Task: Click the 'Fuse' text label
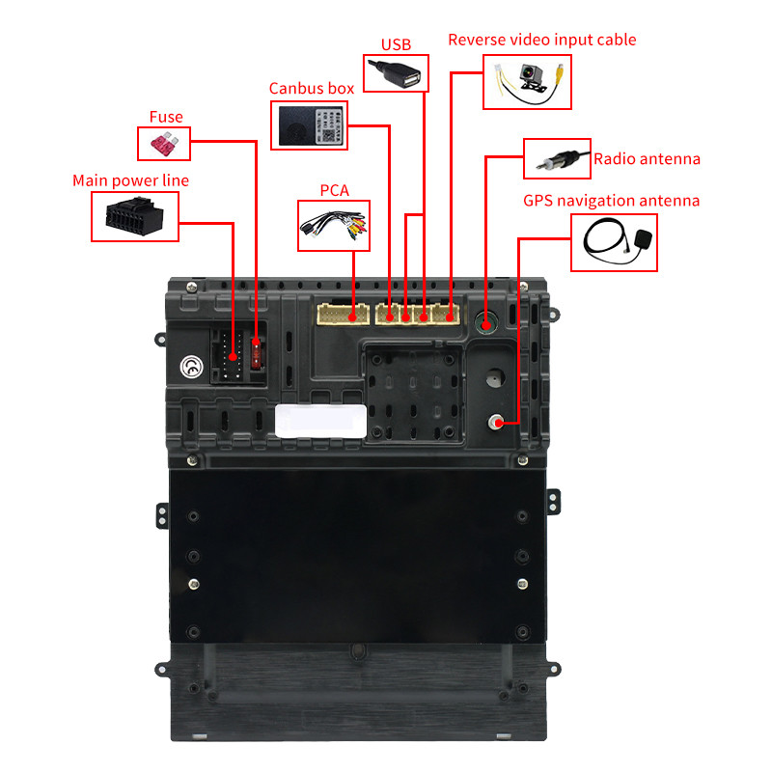pos(166,117)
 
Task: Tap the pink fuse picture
pos(164,144)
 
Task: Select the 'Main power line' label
pos(130,180)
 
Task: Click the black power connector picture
pos(134,216)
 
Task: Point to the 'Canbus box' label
pos(312,88)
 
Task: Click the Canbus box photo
pos(310,125)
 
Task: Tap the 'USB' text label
pos(396,44)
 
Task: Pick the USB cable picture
pos(396,73)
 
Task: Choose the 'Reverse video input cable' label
pos(542,40)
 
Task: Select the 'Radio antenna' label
pos(647,159)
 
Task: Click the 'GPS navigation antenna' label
pos(611,201)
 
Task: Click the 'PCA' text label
pos(334,190)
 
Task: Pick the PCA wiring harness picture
pos(334,226)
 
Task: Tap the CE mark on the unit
pos(191,367)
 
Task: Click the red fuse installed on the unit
pos(256,353)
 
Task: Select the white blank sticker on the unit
pos(320,421)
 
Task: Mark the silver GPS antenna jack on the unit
pos(496,423)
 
